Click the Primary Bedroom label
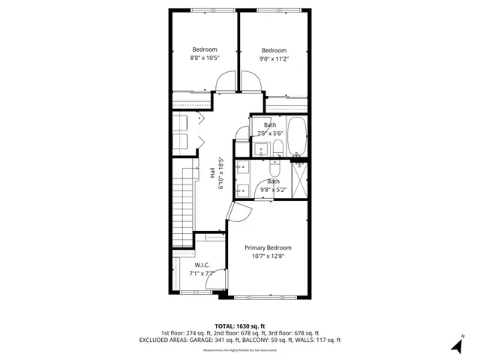268,247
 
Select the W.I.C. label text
202,265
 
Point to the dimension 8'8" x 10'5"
204,58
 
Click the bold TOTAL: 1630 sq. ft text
240,326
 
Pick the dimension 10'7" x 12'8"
268,256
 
